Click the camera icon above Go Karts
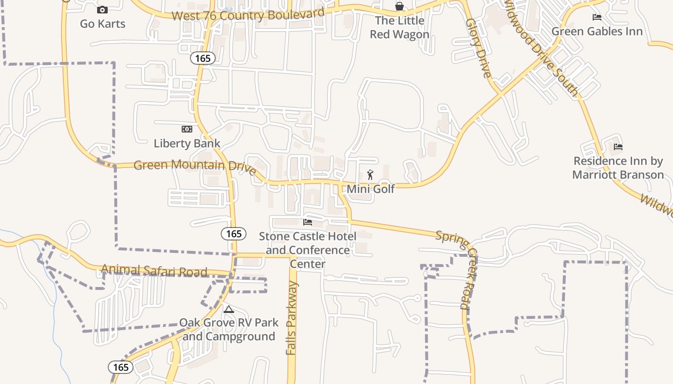pyautogui.click(x=102, y=10)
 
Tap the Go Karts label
pyautogui.click(x=102, y=24)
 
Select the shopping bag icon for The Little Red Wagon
pyautogui.click(x=399, y=6)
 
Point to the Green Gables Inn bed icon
pyautogui.click(x=597, y=17)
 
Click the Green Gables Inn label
pyautogui.click(x=597, y=32)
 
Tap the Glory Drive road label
pyautogui.click(x=479, y=48)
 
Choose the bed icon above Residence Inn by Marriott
pyautogui.click(x=618, y=146)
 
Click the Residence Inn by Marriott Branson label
pyautogui.click(x=618, y=168)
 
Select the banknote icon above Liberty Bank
pyautogui.click(x=187, y=129)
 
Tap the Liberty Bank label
pyautogui.click(x=187, y=143)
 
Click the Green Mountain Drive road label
pyautogui.click(x=195, y=167)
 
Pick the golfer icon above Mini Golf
pyautogui.click(x=370, y=175)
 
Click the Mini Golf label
pyautogui.click(x=371, y=189)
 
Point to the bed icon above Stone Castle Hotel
pyautogui.click(x=308, y=222)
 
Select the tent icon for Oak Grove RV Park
pyautogui.click(x=228, y=309)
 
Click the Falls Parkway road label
pyautogui.click(x=292, y=318)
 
